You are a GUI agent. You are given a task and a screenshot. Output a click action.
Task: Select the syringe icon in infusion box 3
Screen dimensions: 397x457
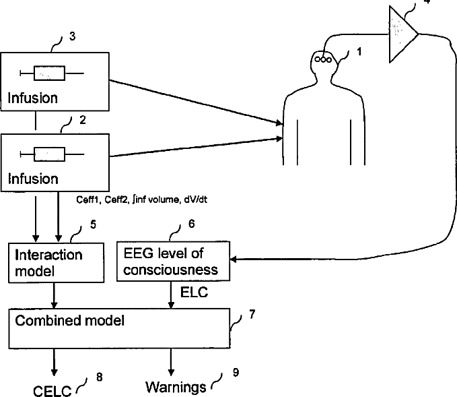(x=50, y=72)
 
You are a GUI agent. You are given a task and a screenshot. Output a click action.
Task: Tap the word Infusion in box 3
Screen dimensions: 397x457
(x=32, y=98)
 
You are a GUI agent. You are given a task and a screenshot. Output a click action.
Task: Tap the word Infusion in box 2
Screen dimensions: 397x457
(x=32, y=180)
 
